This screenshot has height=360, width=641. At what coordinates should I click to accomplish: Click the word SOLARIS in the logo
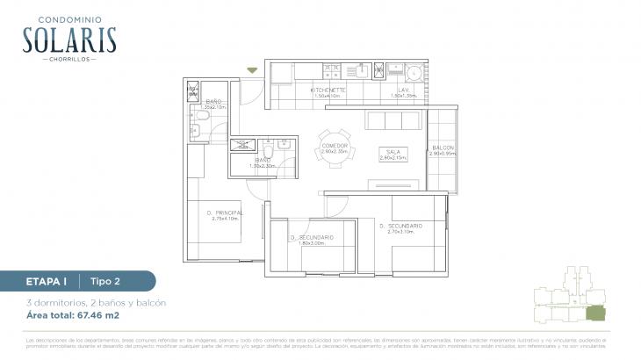(70, 40)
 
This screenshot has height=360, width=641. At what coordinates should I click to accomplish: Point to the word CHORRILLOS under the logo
(70, 60)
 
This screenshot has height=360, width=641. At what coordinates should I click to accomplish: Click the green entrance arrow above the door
(253, 70)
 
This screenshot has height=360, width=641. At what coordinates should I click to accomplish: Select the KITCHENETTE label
(328, 90)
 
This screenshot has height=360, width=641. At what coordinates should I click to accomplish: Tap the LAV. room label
(404, 90)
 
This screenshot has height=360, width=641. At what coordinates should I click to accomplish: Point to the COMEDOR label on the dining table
(335, 146)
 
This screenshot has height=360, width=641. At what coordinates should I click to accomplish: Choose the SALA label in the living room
(392, 152)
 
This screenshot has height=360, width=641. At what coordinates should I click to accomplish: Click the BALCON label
(443, 148)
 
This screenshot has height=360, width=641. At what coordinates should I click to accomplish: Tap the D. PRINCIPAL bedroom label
(225, 212)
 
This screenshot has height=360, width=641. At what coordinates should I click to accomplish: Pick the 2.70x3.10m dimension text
(401, 232)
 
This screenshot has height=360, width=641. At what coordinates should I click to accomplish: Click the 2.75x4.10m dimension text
(226, 219)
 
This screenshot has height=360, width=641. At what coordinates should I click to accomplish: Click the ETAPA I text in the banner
(40, 281)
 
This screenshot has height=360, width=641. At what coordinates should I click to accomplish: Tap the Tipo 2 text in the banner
(106, 281)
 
